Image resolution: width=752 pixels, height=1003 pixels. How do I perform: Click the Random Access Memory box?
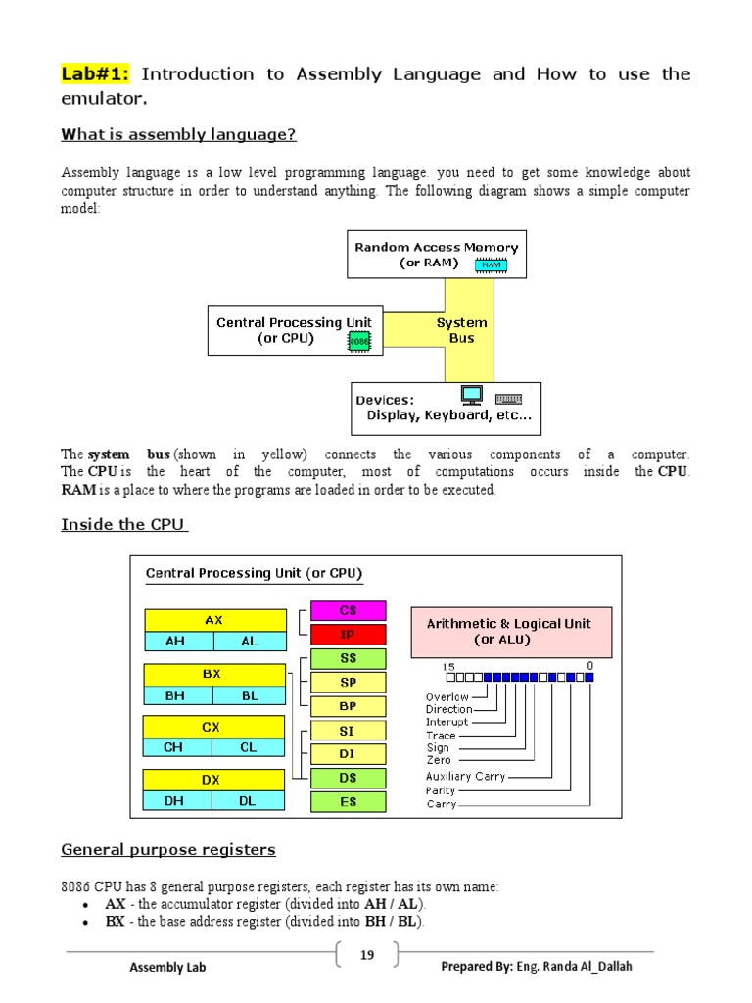click(x=436, y=255)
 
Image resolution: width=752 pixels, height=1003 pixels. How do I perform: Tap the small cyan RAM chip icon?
click(x=490, y=264)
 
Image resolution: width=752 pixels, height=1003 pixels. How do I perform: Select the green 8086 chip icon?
click(x=357, y=341)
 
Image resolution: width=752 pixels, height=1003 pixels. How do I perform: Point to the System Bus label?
click(x=461, y=330)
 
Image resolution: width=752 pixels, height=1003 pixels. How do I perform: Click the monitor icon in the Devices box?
click(x=472, y=396)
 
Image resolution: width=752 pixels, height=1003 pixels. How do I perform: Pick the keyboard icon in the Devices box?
click(x=508, y=399)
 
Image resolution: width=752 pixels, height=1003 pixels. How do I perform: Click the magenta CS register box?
click(x=348, y=610)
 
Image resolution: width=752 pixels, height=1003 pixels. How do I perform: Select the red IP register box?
click(x=348, y=634)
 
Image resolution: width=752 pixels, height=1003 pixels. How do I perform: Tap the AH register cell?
click(x=175, y=642)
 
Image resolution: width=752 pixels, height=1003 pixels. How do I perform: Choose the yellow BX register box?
click(x=211, y=675)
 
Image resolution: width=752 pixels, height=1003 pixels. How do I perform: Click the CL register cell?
click(x=248, y=747)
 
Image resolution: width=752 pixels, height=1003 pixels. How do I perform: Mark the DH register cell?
click(x=174, y=800)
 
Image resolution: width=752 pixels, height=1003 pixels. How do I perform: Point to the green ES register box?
click(x=348, y=801)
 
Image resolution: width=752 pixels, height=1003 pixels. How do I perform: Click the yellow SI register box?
click(x=348, y=731)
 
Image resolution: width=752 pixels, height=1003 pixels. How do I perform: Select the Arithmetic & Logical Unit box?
click(x=508, y=631)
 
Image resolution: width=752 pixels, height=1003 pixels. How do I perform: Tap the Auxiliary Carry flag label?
click(x=465, y=777)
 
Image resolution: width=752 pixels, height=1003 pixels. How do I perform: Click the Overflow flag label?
click(x=446, y=697)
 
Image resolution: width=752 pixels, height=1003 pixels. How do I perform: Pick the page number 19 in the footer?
click(x=367, y=955)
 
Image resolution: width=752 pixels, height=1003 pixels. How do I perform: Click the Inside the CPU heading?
click(x=122, y=525)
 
